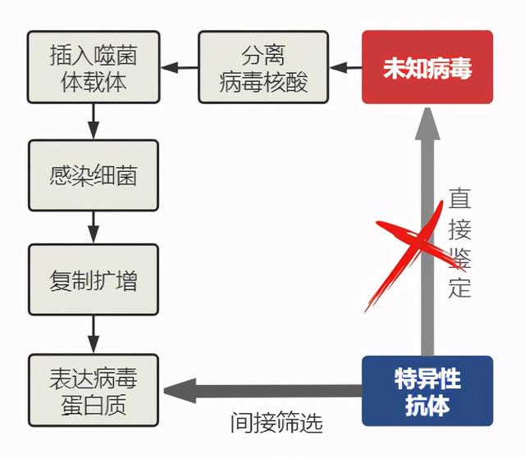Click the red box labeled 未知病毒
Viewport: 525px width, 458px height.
pos(427,66)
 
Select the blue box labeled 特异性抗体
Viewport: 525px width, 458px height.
pos(427,391)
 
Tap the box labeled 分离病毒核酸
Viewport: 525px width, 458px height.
pos(263,66)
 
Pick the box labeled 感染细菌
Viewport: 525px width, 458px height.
pos(94,175)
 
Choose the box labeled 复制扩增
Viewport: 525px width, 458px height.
pos(94,279)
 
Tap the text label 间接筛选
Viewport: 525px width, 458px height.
pos(276,423)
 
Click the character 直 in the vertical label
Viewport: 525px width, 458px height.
pos(459,199)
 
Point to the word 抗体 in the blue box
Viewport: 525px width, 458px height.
pos(427,404)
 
